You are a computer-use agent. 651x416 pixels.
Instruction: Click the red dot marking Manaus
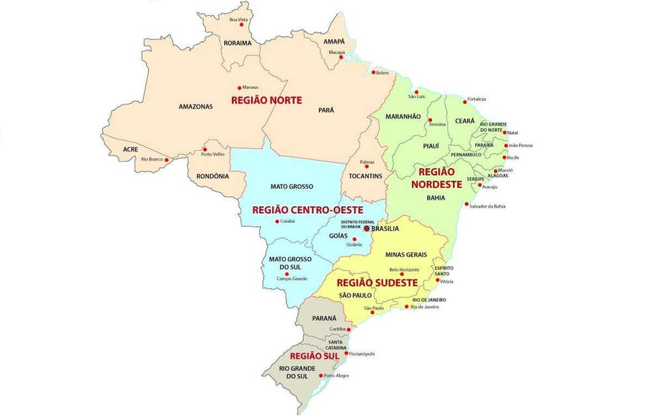pyautogui.click(x=240, y=88)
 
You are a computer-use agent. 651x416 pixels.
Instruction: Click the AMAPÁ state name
pyautogui.click(x=334, y=42)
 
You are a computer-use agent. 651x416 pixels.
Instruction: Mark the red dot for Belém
pyautogui.click(x=373, y=73)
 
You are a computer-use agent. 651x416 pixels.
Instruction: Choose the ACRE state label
pyautogui.click(x=130, y=149)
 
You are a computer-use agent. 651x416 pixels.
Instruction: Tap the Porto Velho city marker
pyautogui.click(x=204, y=149)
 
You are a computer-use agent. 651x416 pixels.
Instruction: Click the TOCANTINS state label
pyautogui.click(x=365, y=176)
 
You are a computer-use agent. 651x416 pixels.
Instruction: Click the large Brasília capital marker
pyautogui.click(x=367, y=228)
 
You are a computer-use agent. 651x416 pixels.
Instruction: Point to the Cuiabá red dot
pyautogui.click(x=277, y=221)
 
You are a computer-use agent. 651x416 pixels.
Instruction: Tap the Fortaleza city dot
pyautogui.click(x=464, y=101)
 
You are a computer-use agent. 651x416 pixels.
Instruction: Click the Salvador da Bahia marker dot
pyautogui.click(x=466, y=204)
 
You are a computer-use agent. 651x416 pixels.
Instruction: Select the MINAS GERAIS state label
pyautogui.click(x=406, y=255)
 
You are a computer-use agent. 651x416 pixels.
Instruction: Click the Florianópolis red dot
pyautogui.click(x=346, y=354)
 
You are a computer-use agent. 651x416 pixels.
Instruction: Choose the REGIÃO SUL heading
pyautogui.click(x=314, y=356)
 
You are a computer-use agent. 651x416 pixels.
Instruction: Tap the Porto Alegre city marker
pyautogui.click(x=320, y=375)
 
